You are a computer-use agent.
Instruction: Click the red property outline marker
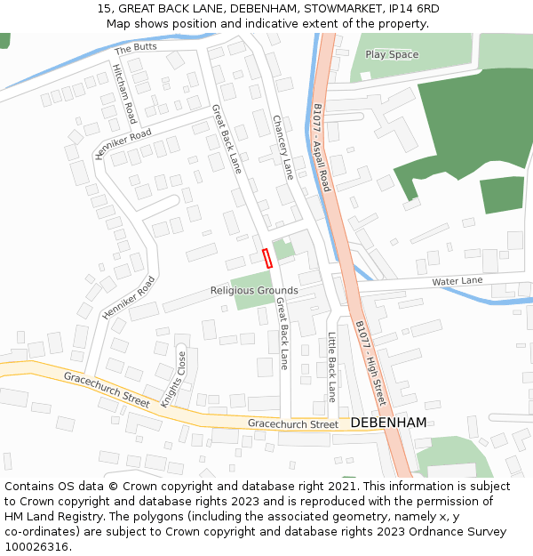266,258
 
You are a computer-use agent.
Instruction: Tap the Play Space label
392,54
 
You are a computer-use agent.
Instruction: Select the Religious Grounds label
254,291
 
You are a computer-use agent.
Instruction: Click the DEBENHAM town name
388,423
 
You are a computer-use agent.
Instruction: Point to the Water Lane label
457,282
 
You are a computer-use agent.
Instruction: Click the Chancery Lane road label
282,147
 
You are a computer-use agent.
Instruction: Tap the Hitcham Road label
123,93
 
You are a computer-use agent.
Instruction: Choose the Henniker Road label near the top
123,145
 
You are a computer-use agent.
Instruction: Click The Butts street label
135,48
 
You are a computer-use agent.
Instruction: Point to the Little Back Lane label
331,367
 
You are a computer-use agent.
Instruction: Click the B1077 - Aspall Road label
322,148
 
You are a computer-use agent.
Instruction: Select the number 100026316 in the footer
37,547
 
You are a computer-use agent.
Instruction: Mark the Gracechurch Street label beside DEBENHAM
293,424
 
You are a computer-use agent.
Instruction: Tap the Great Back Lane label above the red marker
227,138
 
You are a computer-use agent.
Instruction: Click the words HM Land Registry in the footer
51,517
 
